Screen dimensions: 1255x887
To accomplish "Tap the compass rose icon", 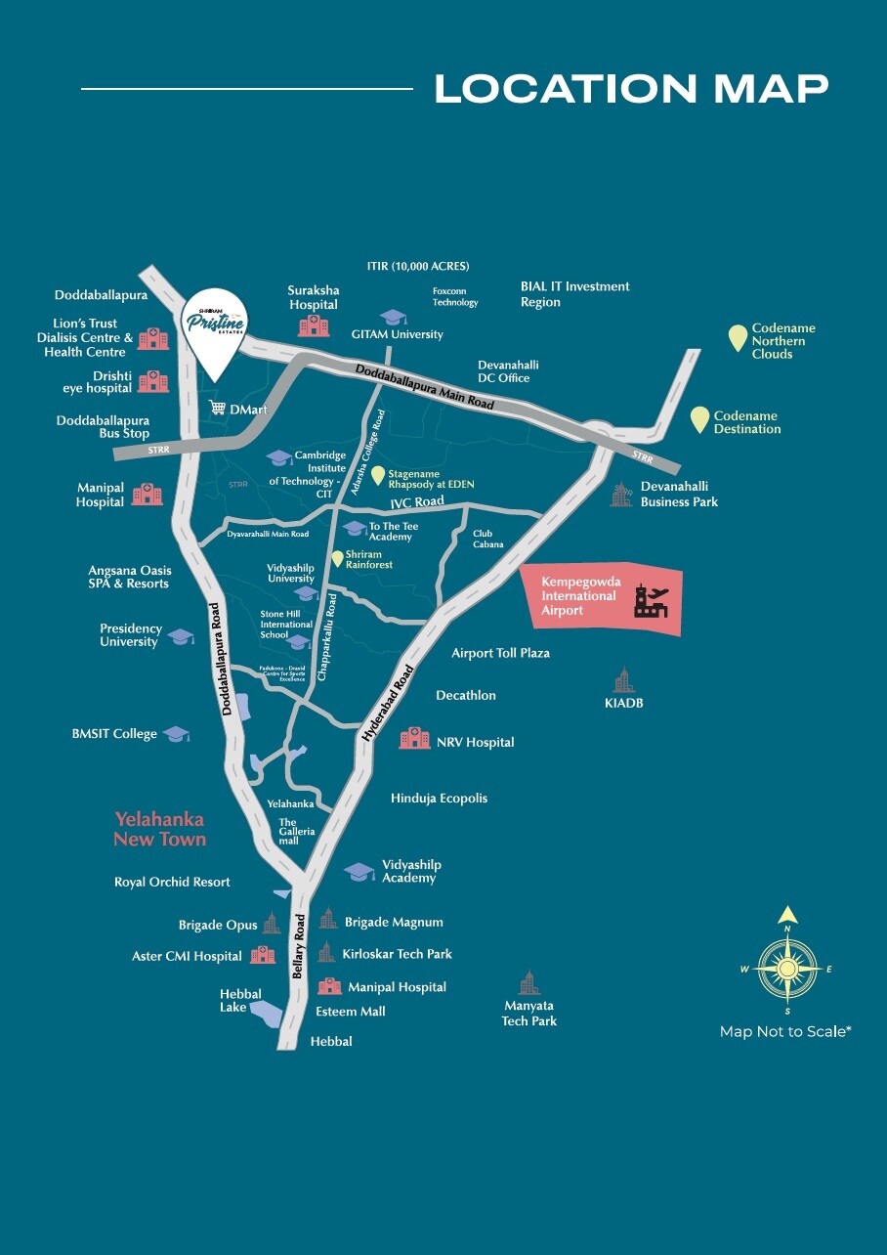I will pyautogui.click(x=787, y=968).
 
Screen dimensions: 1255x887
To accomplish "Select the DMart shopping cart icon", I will pyautogui.click(x=218, y=408).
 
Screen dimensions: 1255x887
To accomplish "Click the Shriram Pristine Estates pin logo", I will pyautogui.click(x=215, y=322).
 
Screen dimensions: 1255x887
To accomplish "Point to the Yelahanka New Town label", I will pyautogui.click(x=160, y=829).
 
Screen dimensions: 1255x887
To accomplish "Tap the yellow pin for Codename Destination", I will pyautogui.click(x=699, y=419).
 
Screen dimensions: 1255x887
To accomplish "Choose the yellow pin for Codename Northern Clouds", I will pyautogui.click(x=739, y=337).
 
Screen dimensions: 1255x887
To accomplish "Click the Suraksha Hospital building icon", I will pyautogui.click(x=314, y=325).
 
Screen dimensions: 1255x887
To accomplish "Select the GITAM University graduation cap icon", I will pyautogui.click(x=393, y=317).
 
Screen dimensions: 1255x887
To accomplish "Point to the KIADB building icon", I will pyautogui.click(x=623, y=679).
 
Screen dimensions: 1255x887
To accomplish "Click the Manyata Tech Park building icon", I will pyautogui.click(x=528, y=982).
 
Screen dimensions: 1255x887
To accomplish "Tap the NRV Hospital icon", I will pyautogui.click(x=415, y=738).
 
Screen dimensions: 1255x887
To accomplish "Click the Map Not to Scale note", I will pyautogui.click(x=785, y=1031).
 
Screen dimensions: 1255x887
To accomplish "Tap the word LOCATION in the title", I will pyautogui.click(x=566, y=89).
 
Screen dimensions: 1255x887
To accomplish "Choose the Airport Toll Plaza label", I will pyautogui.click(x=500, y=653).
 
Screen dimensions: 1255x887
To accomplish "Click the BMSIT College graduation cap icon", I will pyautogui.click(x=176, y=734).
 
